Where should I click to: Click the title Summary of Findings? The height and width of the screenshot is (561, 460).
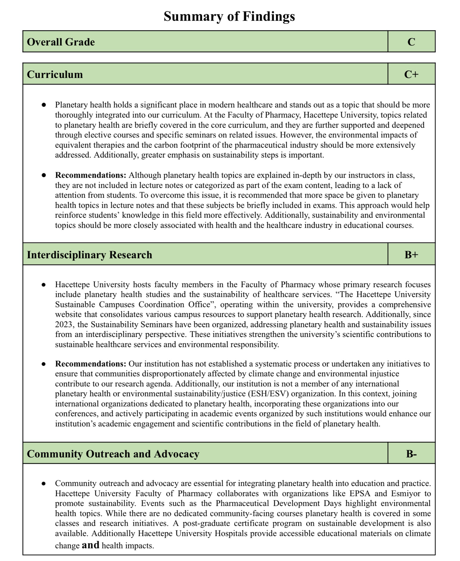(x=229, y=16)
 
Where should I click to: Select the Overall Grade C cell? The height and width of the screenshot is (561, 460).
(x=411, y=42)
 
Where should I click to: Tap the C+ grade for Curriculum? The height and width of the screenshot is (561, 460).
(x=411, y=74)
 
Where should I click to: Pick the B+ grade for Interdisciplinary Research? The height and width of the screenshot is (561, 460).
(x=411, y=255)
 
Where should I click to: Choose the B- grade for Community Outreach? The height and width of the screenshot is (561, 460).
(x=411, y=454)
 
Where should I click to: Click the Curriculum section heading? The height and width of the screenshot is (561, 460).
(x=55, y=74)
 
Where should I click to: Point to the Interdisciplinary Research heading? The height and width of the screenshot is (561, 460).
(x=89, y=255)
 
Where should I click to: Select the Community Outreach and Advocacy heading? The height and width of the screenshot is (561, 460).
(x=113, y=454)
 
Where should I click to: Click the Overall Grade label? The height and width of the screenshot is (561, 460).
(x=61, y=42)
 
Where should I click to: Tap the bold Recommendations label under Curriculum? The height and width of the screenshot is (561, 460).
(x=91, y=175)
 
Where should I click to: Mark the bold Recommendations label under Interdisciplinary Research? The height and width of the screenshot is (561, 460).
(x=91, y=364)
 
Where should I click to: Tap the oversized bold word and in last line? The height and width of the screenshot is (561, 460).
(x=91, y=545)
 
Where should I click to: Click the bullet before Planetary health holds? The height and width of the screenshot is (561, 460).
(x=44, y=105)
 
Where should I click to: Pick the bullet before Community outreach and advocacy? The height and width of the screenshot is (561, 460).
(x=44, y=483)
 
